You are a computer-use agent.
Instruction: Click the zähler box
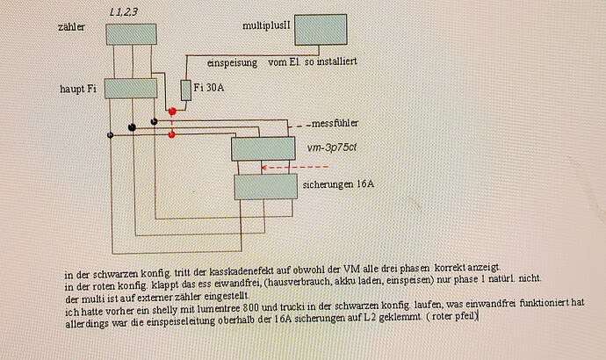pyautogui.click(x=132, y=34)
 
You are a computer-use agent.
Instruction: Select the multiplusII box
pyautogui.click(x=321, y=30)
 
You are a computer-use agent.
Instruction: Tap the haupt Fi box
pyautogui.click(x=131, y=89)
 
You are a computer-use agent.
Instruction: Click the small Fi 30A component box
pyautogui.click(x=186, y=90)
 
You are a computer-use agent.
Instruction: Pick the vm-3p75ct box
pyautogui.click(x=263, y=148)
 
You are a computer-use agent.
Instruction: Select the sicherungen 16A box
pyautogui.click(x=266, y=186)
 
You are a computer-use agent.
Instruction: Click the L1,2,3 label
pyautogui.click(x=124, y=12)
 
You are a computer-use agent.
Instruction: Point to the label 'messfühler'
pyautogui.click(x=335, y=123)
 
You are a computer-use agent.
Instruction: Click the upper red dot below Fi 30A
pyautogui.click(x=172, y=112)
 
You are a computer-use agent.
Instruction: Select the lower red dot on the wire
pyautogui.click(x=172, y=134)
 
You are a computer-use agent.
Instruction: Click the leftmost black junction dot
pyautogui.click(x=110, y=135)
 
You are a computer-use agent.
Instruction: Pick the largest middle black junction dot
pyautogui.click(x=132, y=127)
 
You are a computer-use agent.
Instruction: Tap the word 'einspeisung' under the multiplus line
pyautogui.click(x=232, y=63)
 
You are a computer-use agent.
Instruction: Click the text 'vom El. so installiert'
pyautogui.click(x=313, y=61)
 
